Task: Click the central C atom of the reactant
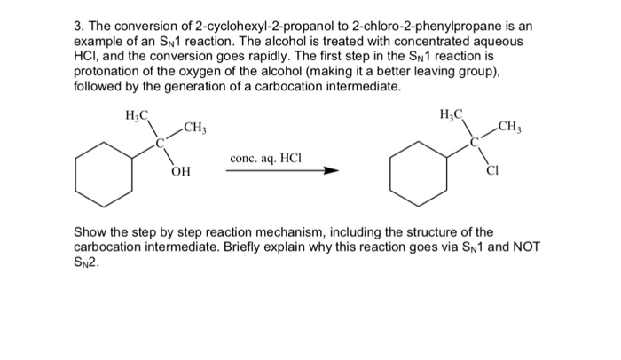coord(161,141)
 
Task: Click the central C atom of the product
coord(474,140)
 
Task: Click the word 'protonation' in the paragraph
coord(109,74)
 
